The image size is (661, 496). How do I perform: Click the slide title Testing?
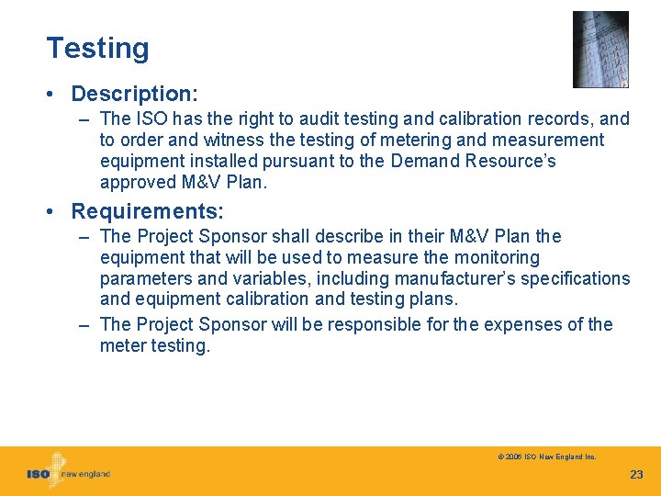pos(97,48)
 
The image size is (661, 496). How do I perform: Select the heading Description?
pos(135,94)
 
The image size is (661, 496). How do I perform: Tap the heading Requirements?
pos(147,211)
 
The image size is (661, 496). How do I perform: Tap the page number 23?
pos(636,475)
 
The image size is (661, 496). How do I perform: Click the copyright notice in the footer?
pos(547,457)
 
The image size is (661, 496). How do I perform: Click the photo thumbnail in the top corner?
pos(600,49)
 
